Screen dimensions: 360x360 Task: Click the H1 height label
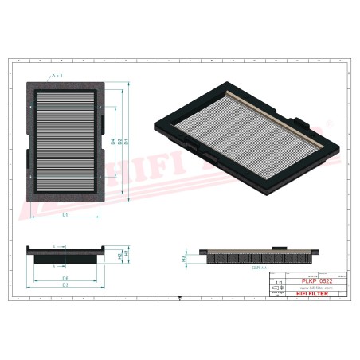[126, 253]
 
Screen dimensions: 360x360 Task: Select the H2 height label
[119, 256]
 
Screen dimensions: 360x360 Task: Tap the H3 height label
[184, 258]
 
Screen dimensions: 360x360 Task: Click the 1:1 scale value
[278, 283]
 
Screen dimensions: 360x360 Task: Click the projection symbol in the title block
[278, 289]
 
